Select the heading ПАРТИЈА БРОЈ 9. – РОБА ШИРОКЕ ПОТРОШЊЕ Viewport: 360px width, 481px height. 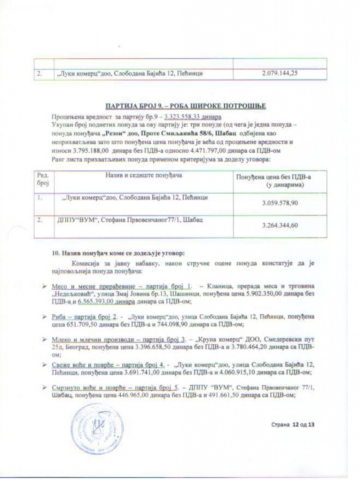tap(186, 106)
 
